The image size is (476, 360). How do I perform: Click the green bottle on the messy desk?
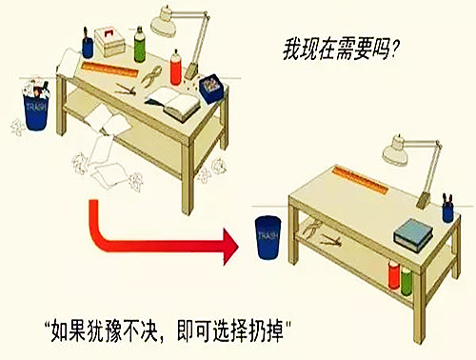(140, 44)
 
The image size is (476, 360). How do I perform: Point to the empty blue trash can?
(268, 239)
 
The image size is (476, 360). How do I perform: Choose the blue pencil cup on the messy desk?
(88, 44)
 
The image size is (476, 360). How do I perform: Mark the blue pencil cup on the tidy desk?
(447, 210)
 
